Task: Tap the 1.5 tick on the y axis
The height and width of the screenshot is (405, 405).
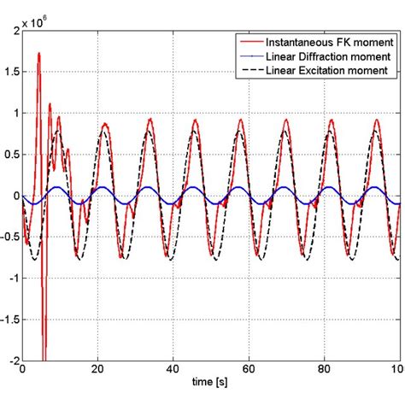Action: pyautogui.click(x=11, y=71)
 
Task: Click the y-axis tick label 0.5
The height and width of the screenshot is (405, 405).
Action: pyautogui.click(x=11, y=154)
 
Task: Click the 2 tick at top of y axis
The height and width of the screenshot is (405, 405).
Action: pyautogui.click(x=15, y=30)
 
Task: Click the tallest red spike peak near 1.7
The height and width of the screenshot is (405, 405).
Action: pyautogui.click(x=38, y=53)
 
